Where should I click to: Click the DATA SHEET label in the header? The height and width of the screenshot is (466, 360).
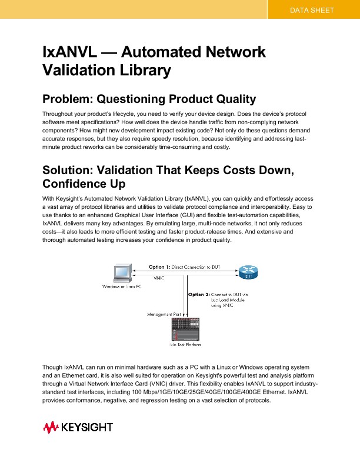point(312,10)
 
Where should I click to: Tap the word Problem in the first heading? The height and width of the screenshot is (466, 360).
point(67,98)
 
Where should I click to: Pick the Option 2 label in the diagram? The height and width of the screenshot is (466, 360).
point(199,294)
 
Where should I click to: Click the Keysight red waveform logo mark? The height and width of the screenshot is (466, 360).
point(49,427)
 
